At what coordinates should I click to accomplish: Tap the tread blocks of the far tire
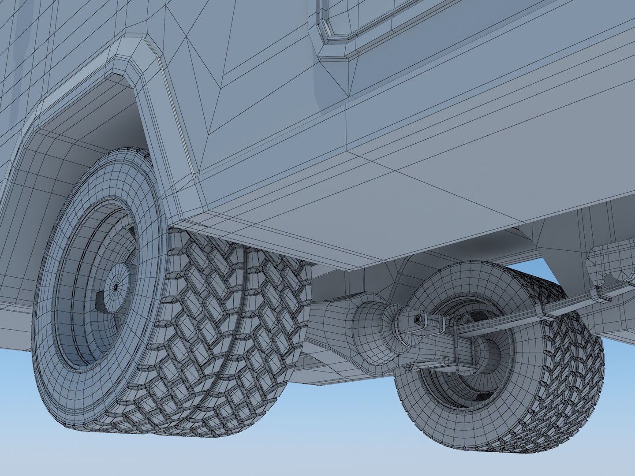click(x=569, y=366)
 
